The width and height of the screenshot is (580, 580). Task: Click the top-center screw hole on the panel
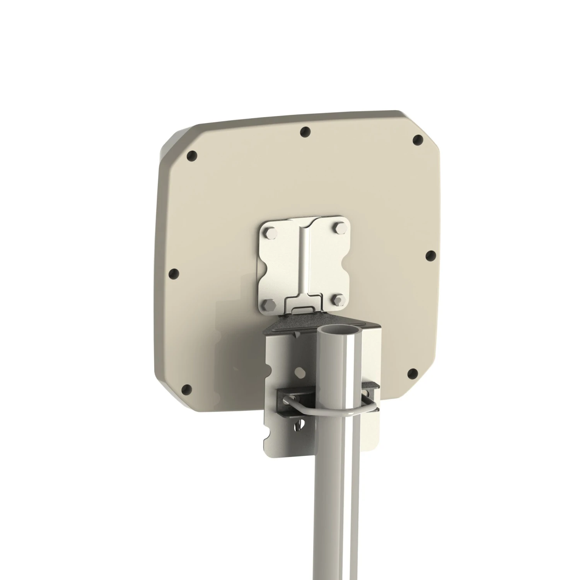[305, 132]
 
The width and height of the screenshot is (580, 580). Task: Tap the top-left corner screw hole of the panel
[191, 156]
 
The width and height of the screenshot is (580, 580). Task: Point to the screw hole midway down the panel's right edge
[430, 256]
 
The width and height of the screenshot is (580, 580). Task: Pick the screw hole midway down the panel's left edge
[174, 274]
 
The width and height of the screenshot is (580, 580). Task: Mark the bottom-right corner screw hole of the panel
[413, 374]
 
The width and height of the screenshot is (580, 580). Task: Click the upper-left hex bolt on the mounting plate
[269, 233]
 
